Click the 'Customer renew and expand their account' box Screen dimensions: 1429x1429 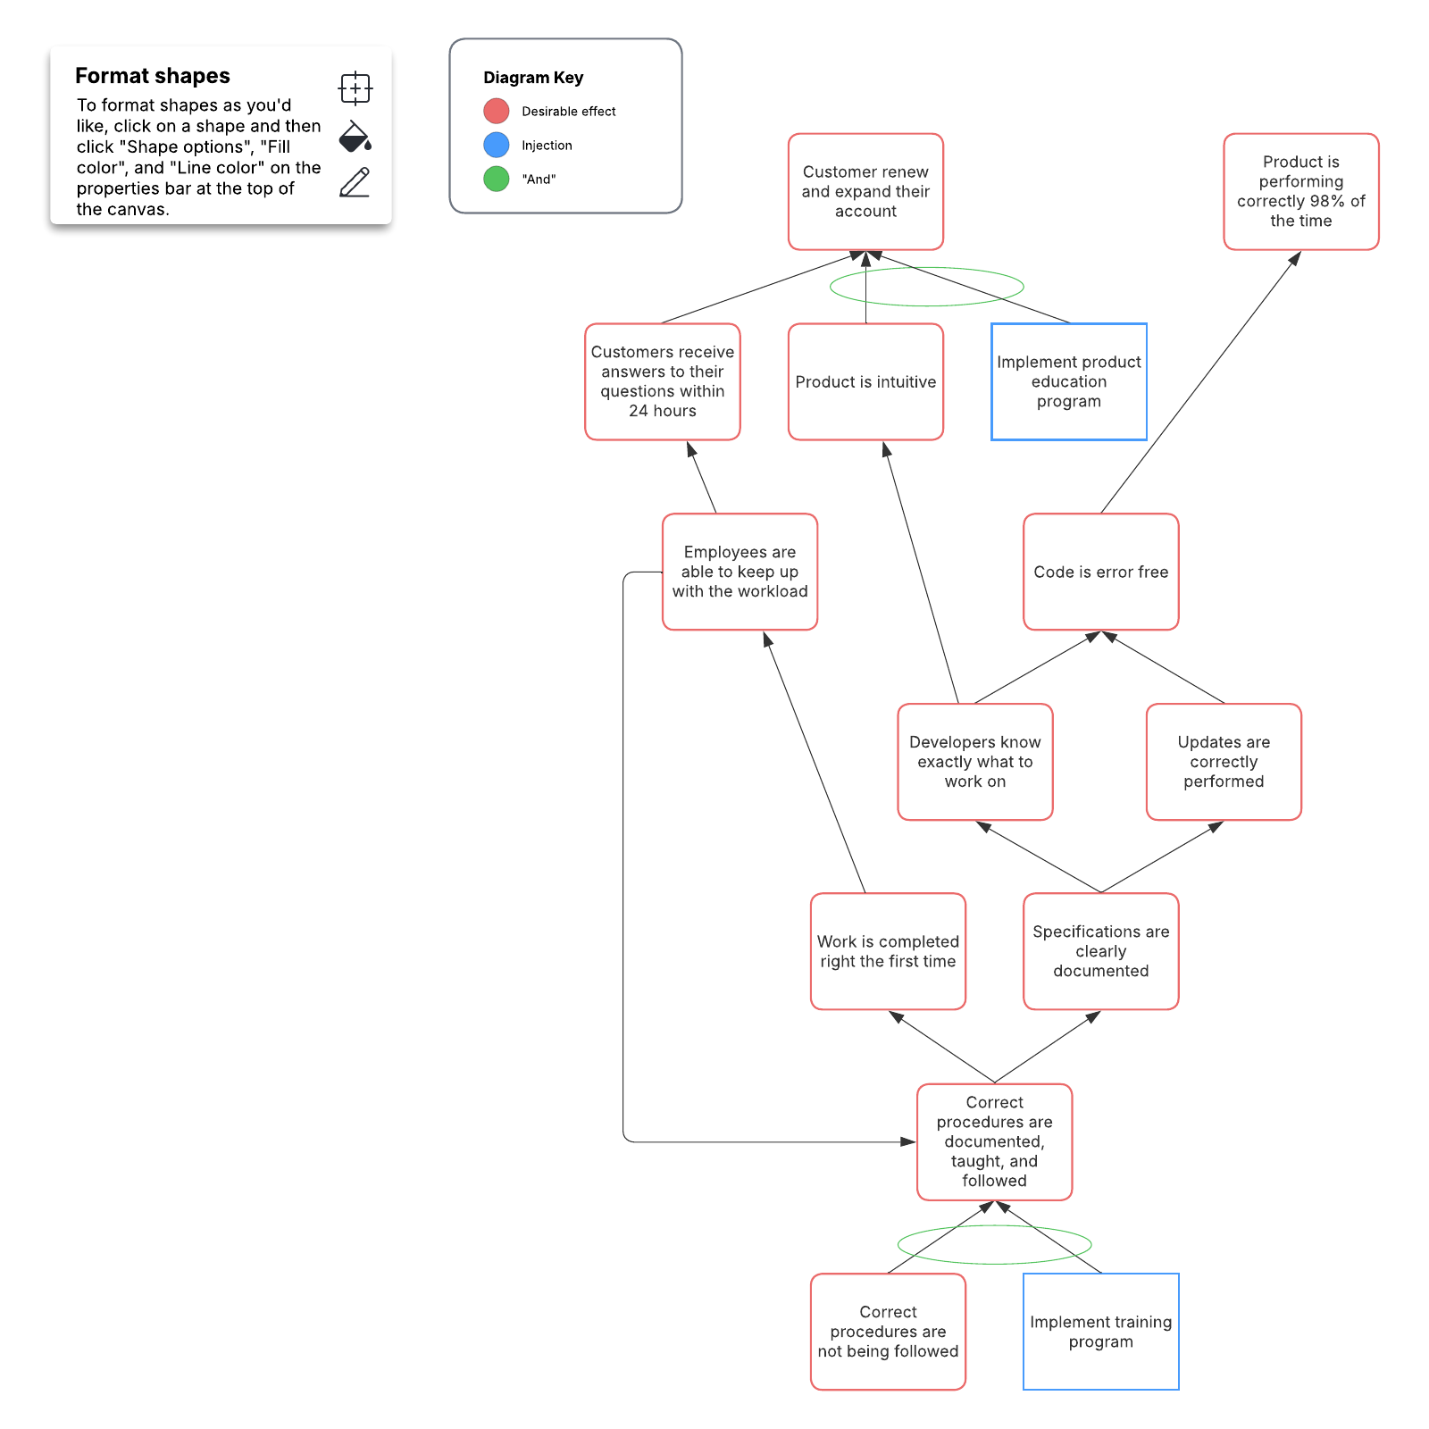(865, 192)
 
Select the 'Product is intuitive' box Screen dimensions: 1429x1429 (865, 382)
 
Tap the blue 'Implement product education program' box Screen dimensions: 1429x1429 (1068, 382)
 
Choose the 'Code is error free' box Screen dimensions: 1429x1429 (1100, 572)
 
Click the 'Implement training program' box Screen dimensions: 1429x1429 (1100, 1332)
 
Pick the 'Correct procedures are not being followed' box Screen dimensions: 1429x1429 (888, 1332)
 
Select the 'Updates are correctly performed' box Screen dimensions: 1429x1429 (1224, 762)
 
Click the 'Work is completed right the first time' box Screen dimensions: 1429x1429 (888, 951)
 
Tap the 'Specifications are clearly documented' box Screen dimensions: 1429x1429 (1100, 951)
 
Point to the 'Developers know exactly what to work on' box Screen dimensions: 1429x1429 (974, 762)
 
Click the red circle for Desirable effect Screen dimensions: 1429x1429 (497, 112)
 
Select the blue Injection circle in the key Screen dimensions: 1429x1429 (497, 145)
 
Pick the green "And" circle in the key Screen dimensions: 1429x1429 (497, 179)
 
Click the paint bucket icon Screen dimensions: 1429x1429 (355, 137)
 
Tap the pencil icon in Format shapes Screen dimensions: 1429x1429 (355, 182)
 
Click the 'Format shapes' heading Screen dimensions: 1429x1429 (153, 76)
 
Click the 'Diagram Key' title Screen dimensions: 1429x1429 (533, 78)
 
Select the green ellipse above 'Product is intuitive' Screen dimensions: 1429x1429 (926, 269)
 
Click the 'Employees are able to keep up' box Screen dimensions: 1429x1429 (740, 572)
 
